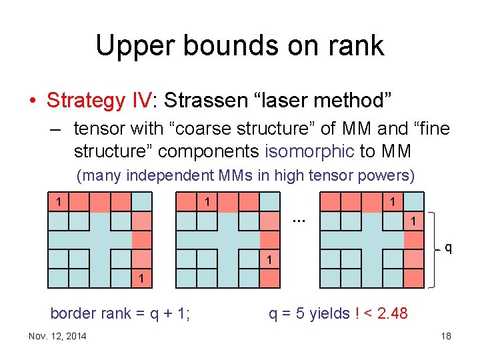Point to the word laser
292,101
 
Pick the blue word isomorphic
309,151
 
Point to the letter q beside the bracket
448,248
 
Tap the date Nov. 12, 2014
57,336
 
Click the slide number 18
445,336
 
